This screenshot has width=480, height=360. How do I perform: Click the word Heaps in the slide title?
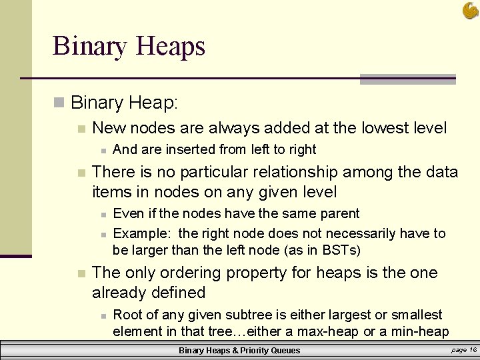(x=170, y=47)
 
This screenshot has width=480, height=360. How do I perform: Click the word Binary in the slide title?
(x=90, y=47)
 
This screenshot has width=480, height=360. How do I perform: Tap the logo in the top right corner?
(x=469, y=10)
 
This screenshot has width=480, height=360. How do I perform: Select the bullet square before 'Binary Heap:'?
(x=59, y=103)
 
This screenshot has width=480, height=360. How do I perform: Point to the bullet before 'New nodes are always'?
(x=81, y=129)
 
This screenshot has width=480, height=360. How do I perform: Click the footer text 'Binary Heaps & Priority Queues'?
(x=239, y=351)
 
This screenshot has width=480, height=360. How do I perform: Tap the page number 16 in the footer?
(x=472, y=350)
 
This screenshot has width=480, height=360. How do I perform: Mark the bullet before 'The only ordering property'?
(x=81, y=273)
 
